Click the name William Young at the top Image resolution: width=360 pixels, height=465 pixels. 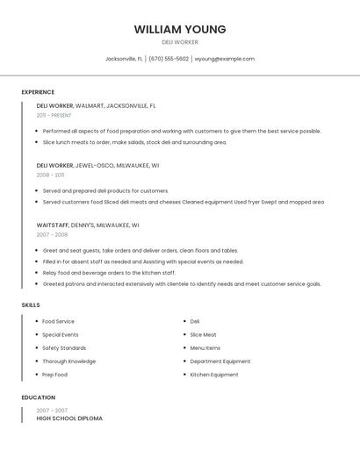point(180,29)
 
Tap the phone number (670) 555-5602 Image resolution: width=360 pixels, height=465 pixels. point(169,59)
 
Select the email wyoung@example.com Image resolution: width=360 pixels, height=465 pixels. point(225,59)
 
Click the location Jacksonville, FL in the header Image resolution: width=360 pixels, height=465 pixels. point(124,59)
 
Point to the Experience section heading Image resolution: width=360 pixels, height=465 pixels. point(38,92)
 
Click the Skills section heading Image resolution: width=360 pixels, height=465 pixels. point(31,305)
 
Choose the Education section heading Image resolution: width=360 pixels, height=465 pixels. point(39,397)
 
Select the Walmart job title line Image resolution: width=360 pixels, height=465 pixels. point(96,105)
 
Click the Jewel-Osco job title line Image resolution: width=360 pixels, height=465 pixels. point(97,165)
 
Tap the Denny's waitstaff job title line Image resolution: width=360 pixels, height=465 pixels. point(88,225)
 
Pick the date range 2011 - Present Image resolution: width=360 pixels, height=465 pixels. point(54,115)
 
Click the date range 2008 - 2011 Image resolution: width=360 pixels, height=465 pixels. point(50,175)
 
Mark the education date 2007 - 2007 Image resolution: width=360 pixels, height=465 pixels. point(52,411)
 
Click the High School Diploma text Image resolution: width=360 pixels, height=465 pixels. point(69,419)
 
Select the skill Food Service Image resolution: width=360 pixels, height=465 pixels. point(58,322)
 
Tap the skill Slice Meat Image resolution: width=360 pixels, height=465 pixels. point(203,335)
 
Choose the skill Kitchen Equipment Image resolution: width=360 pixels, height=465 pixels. point(214,375)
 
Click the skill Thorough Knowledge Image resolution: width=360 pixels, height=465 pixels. point(68,361)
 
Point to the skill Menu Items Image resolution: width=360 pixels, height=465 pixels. point(205,348)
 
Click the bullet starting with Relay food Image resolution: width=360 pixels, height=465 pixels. point(109,273)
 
